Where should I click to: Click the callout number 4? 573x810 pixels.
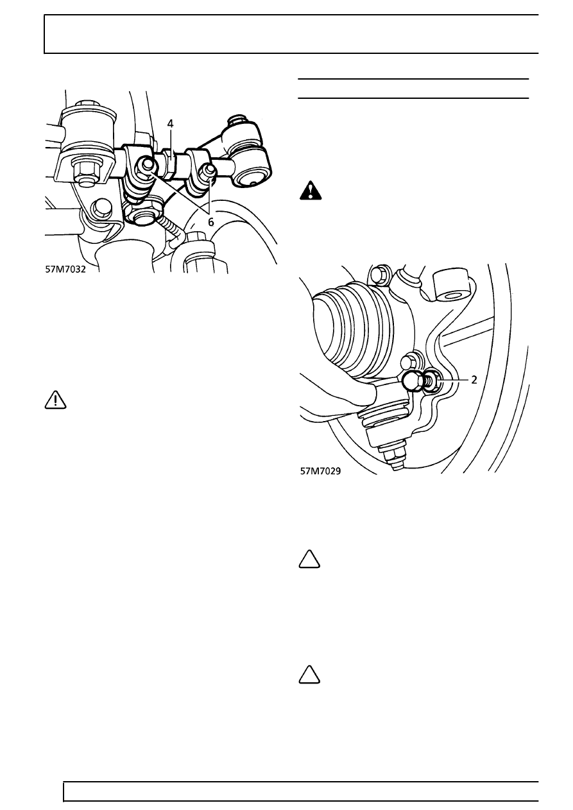coord(170,124)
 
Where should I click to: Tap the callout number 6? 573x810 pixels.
coord(210,222)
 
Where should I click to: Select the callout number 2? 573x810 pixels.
coord(474,380)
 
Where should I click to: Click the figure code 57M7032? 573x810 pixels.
coord(65,269)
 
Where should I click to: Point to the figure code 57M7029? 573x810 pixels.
coord(320,471)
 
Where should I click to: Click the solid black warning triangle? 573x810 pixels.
coord(311,191)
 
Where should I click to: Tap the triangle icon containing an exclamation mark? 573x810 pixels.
coord(56,400)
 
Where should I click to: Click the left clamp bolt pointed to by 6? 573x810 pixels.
coord(146,167)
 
